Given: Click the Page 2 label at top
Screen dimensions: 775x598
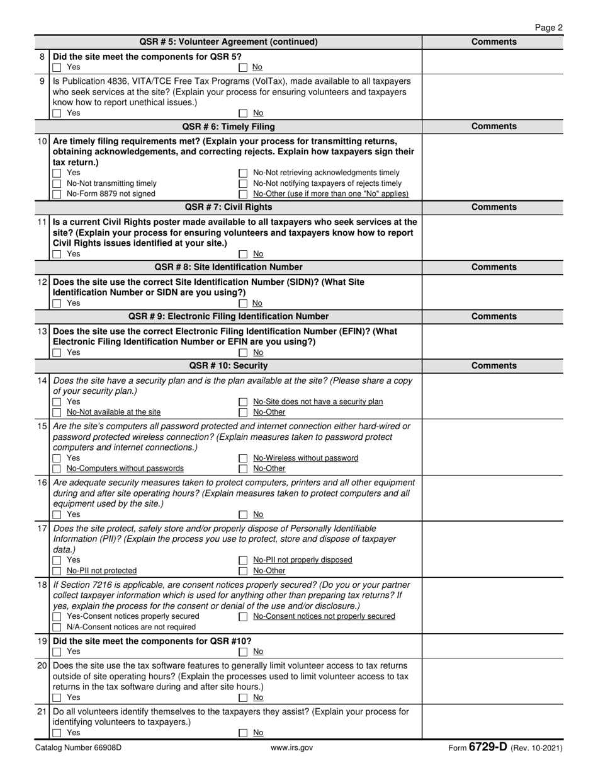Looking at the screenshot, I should coord(548,28).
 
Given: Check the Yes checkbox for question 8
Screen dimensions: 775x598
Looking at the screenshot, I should coord(57,67).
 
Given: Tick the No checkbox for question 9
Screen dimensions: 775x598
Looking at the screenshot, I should coord(243,113).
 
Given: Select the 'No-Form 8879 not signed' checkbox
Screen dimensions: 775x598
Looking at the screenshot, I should coord(57,194).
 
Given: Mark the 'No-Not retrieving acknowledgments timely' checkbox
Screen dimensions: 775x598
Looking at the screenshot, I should coord(243,173).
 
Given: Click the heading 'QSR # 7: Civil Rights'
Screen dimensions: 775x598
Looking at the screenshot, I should coord(228,207).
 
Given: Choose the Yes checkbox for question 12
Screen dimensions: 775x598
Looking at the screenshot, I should coord(57,304).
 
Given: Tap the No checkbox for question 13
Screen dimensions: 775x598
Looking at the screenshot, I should coord(243,353).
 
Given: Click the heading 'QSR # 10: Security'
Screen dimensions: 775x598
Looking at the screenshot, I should coord(228,366).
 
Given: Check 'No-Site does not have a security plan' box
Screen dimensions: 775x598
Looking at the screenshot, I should coord(243,402).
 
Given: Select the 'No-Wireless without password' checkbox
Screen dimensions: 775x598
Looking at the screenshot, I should coord(243,459).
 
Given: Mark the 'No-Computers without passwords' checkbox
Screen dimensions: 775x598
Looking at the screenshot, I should coord(57,469).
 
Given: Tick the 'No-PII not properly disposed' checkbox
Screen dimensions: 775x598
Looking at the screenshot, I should coord(243,560).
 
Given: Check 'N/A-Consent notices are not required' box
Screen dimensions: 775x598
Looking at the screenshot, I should coord(57,628).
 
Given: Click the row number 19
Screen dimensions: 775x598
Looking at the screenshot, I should coord(42,641).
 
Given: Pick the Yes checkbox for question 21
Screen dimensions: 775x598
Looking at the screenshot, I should coord(57,733).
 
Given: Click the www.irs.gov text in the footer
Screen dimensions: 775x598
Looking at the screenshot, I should coord(291,749).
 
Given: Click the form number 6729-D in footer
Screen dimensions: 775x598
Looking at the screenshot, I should coord(487,748).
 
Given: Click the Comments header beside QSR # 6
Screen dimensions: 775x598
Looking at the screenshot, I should coord(494,127).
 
